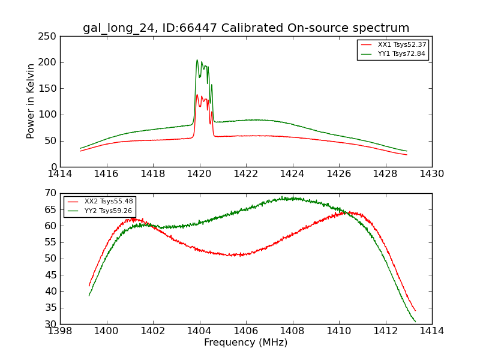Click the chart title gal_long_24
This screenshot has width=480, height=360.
coord(246,28)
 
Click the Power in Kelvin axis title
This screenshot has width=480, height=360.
coord(31,101)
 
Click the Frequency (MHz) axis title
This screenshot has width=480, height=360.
coord(246,343)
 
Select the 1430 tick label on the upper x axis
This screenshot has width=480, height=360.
coord(431,173)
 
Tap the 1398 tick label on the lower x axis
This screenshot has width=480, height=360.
coord(60,331)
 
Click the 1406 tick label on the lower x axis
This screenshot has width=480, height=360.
coord(246,331)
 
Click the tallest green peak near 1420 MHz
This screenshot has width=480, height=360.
coord(197,60)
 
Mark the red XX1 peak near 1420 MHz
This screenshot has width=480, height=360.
coord(197,94)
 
